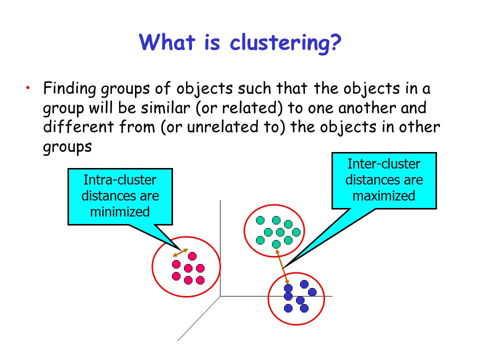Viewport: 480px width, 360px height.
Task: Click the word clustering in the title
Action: (280, 43)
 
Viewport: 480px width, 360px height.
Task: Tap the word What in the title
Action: (167, 41)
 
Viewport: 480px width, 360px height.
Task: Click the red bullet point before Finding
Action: (28, 88)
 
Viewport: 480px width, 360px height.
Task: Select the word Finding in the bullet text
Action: (70, 89)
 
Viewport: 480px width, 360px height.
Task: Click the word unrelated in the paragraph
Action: (222, 126)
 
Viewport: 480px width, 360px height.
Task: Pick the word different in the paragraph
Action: (78, 126)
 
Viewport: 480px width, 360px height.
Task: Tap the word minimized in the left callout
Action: (120, 211)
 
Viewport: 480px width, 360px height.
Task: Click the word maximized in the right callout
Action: (384, 195)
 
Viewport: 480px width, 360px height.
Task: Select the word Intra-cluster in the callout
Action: (120, 179)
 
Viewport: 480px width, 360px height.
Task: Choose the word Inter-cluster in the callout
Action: (384, 164)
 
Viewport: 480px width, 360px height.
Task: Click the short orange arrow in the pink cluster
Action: (180, 253)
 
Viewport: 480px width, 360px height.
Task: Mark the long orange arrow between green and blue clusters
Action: (282, 266)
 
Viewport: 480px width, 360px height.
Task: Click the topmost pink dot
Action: (192, 256)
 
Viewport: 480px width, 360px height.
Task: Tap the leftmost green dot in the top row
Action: (260, 220)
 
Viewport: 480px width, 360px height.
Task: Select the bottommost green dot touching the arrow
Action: (276, 244)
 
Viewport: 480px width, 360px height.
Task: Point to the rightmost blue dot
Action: (312, 292)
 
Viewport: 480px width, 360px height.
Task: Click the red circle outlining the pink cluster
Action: (152, 266)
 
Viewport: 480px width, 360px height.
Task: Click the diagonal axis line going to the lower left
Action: (199, 318)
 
